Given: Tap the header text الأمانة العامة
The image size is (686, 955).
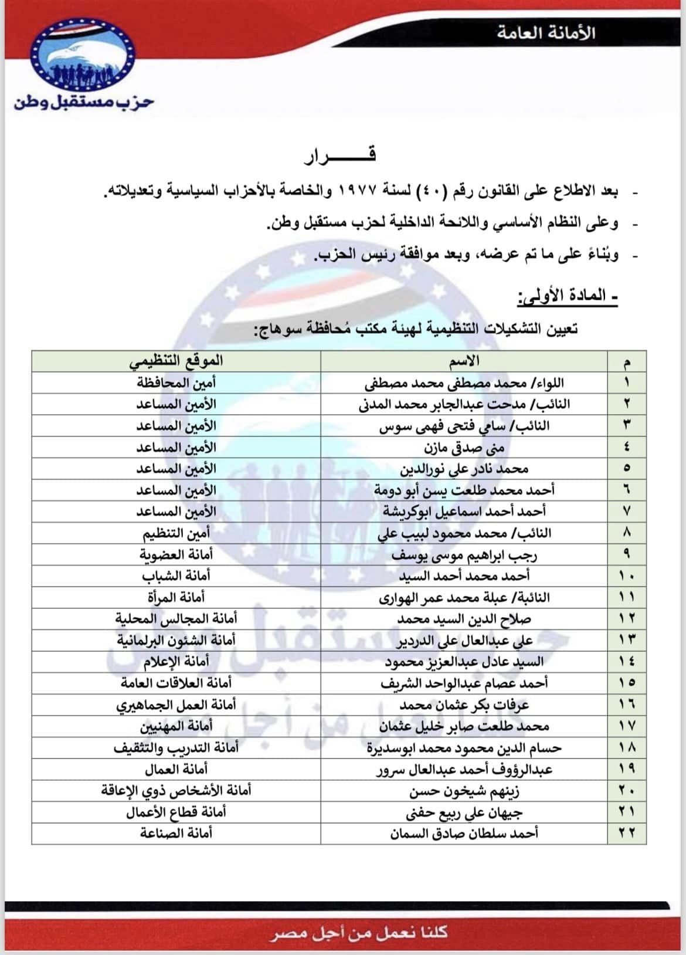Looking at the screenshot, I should tap(546, 32).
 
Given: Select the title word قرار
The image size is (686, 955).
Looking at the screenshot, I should tap(340, 155).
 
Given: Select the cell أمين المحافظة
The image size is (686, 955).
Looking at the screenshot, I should tap(176, 383).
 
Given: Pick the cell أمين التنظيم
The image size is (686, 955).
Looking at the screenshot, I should tap(176, 533).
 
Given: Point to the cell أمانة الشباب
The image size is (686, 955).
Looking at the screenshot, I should tap(176, 576).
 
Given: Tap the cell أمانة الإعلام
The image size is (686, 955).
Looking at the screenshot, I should tap(176, 662).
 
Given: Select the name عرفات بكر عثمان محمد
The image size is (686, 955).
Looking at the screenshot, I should tap(464, 705).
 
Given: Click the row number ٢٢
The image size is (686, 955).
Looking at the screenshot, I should tap(627, 833).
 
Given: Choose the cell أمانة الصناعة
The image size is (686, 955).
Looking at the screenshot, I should tap(176, 833).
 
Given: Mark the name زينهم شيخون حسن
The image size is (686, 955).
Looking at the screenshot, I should tap(464, 790).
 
